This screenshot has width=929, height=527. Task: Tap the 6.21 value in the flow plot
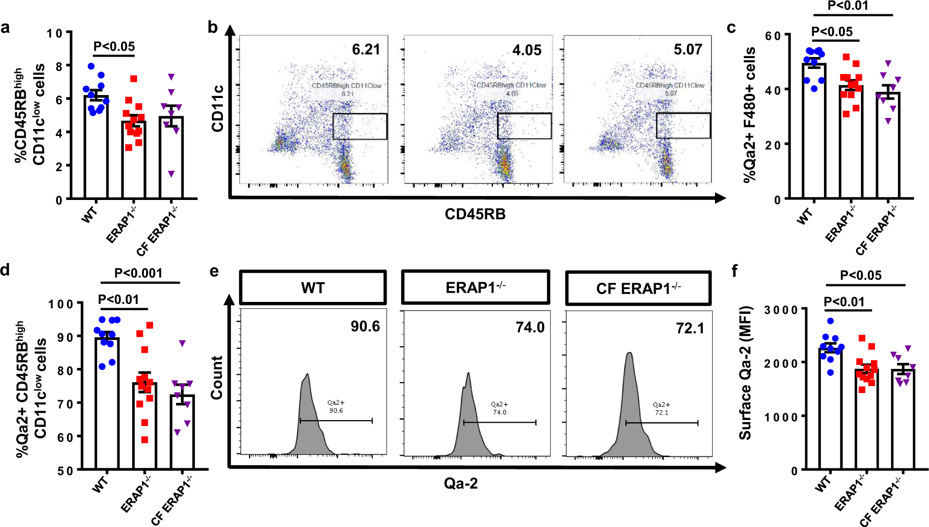[x=366, y=50]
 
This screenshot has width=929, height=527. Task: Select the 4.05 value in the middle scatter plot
[x=527, y=50]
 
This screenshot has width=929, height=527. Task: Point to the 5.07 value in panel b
[x=687, y=50]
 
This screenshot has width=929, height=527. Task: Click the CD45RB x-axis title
[x=475, y=214]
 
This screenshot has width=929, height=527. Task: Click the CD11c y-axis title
[x=217, y=108]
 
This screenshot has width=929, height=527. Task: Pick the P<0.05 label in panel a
[x=114, y=47]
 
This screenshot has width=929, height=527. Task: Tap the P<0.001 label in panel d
[x=138, y=273]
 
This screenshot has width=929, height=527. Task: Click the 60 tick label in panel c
[x=773, y=36]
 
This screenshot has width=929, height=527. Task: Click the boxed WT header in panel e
[x=313, y=288]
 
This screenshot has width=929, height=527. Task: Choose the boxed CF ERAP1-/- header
[x=638, y=288]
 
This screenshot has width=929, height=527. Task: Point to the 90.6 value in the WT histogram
[x=365, y=327]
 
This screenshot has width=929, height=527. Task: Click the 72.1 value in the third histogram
[x=690, y=329]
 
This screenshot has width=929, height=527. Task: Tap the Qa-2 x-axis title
[x=461, y=484]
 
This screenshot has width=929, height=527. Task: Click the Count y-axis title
[x=216, y=377]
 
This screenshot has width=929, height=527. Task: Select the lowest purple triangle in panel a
[x=171, y=174]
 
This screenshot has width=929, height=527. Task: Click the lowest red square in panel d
[x=144, y=440]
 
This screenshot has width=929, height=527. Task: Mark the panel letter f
[x=735, y=271]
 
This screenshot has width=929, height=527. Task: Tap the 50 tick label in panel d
[x=65, y=471]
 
